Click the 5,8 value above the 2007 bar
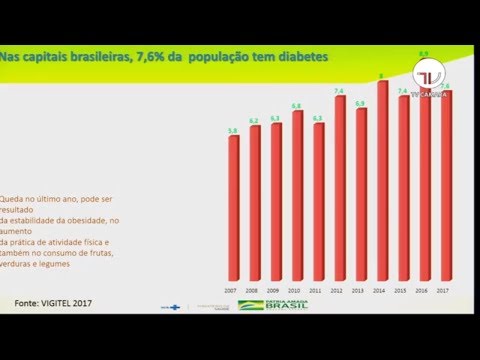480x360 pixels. [233, 130]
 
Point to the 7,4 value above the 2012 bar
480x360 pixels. [340, 91]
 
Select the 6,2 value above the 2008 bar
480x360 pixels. [255, 121]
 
